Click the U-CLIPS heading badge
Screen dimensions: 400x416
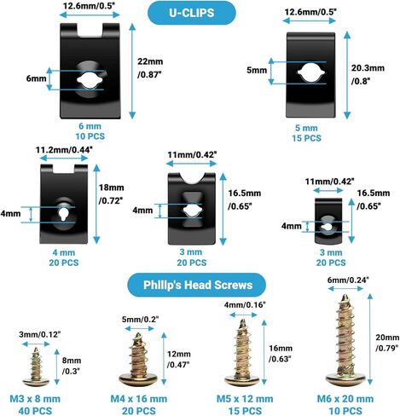192,13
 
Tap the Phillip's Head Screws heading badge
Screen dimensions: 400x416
197,285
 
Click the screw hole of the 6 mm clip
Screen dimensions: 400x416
90,80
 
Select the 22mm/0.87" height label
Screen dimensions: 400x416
150,68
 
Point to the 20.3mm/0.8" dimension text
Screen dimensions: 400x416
368,74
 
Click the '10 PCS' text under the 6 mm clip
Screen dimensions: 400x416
90,136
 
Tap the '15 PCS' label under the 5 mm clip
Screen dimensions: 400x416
306,138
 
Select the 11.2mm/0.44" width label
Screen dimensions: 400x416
64,150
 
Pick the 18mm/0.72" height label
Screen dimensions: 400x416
111,194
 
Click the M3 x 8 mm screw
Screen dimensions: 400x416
36,367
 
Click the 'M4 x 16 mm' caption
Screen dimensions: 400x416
138,399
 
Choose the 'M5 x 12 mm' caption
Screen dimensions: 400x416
245,399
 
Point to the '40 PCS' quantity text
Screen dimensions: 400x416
35,411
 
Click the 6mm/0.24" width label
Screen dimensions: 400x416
348,280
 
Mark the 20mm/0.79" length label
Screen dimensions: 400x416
387,343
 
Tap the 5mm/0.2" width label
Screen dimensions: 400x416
140,320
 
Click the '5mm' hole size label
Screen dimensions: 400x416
257,70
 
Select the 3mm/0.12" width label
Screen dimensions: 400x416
40,334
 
